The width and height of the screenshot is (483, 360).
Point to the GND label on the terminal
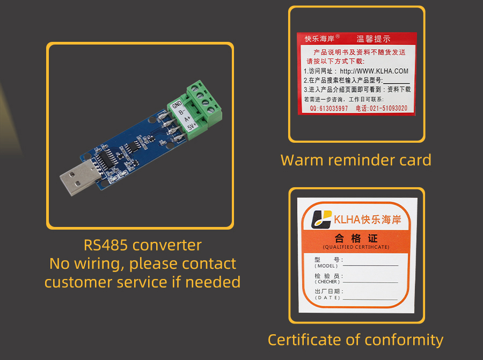(178, 105)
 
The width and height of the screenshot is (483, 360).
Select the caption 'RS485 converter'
(143, 245)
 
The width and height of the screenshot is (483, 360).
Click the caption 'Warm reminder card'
(356, 160)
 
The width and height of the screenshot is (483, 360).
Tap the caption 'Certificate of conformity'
(355, 340)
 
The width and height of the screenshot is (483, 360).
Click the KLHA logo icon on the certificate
(323, 219)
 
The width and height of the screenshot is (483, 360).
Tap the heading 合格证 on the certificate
(356, 238)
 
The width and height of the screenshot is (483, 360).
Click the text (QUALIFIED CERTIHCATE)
(356, 247)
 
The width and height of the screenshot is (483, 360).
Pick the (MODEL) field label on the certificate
(326, 266)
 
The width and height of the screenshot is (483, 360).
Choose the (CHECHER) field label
(327, 282)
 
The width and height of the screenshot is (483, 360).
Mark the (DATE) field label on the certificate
(326, 298)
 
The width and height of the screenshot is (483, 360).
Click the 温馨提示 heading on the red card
(374, 39)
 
